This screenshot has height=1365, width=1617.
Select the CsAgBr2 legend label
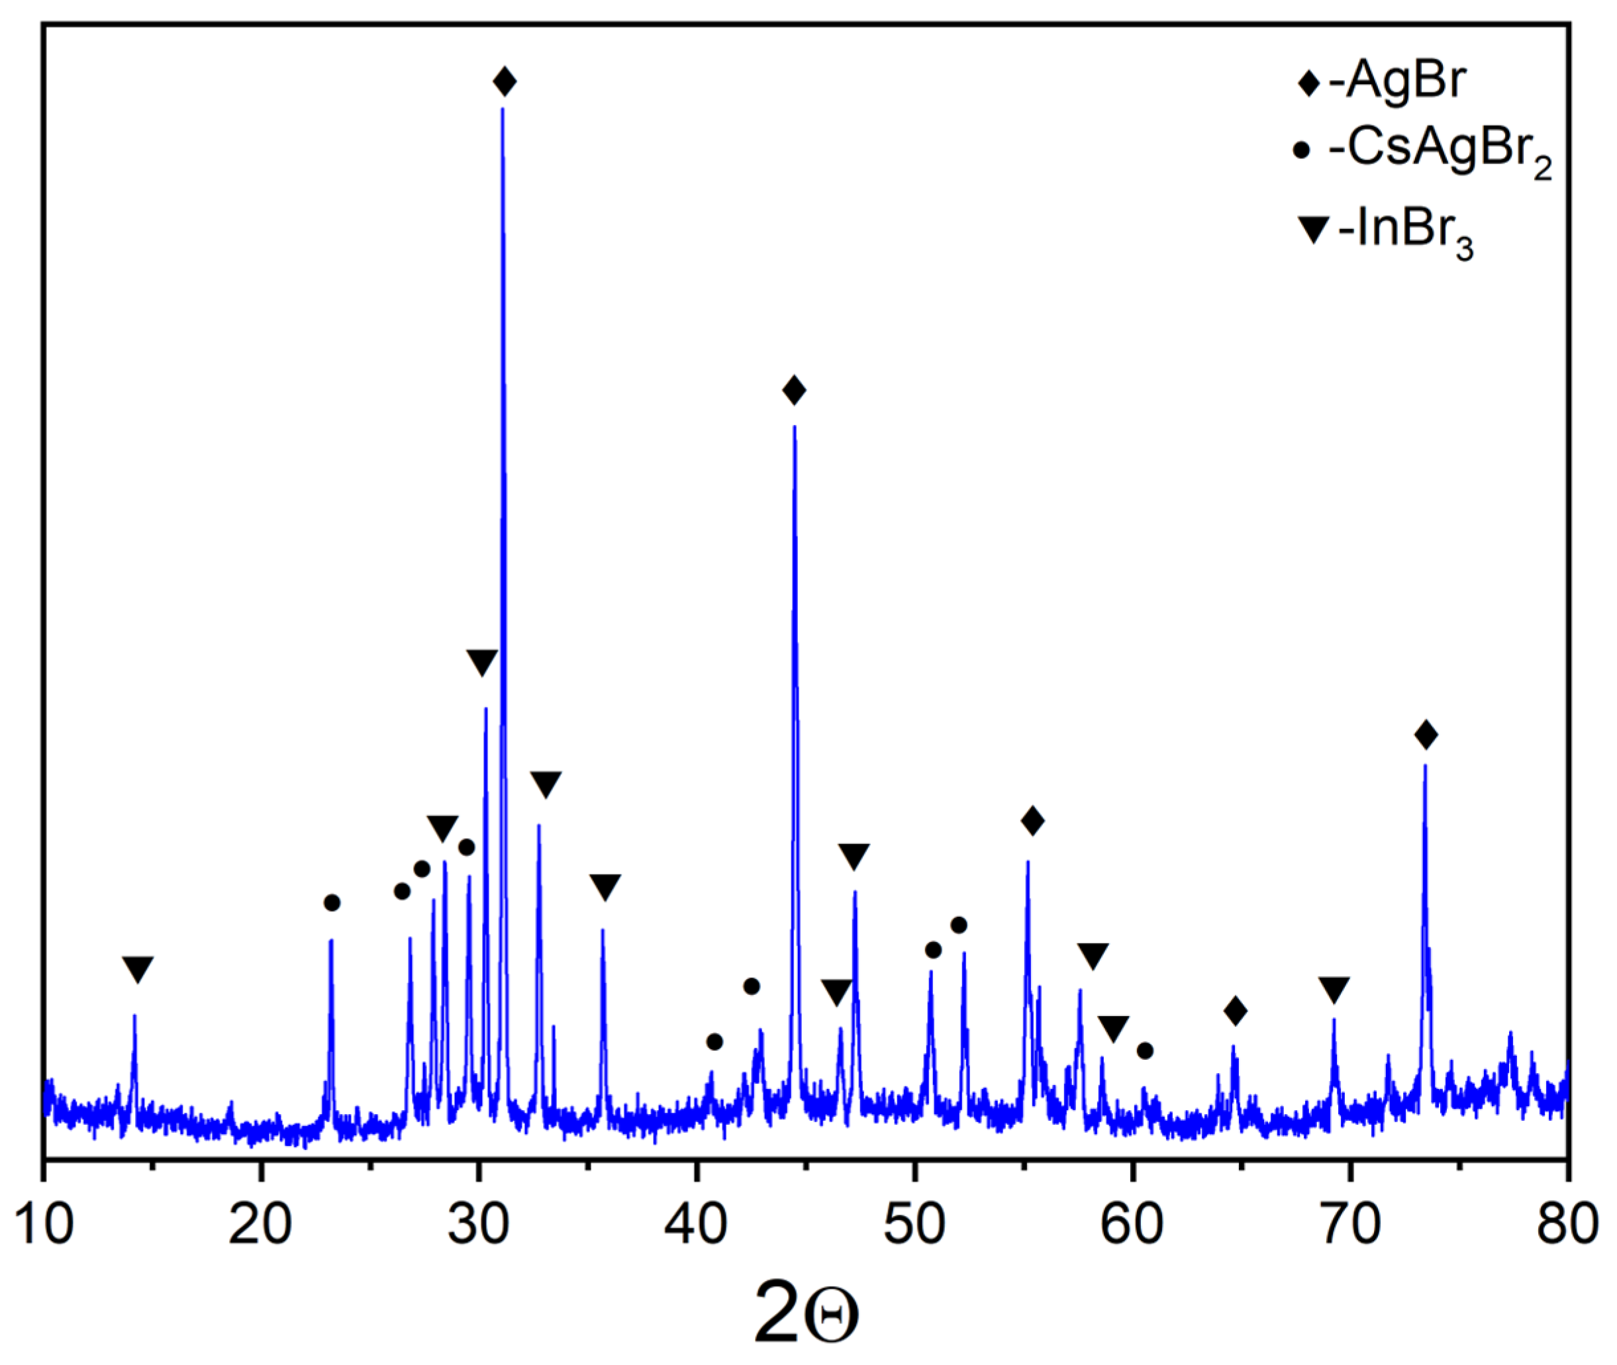pos(1440,151)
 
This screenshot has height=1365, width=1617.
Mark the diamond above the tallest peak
pos(505,81)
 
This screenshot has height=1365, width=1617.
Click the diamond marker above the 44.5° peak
pos(794,390)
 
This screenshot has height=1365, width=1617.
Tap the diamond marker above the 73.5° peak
pos(1426,734)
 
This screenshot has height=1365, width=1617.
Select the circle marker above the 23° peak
pos(332,903)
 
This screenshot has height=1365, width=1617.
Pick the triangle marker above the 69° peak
pos(1334,990)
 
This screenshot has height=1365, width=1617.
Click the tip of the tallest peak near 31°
pos(503,109)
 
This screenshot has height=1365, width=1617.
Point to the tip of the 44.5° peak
pos(794,427)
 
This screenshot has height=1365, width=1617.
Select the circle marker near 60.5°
pos(1146,1051)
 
